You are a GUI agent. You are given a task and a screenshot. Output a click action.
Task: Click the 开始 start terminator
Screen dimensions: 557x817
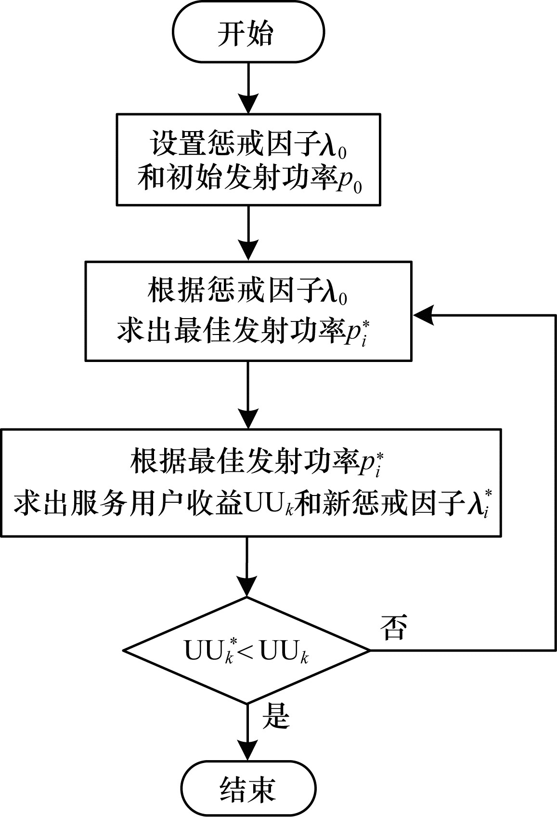point(248,32)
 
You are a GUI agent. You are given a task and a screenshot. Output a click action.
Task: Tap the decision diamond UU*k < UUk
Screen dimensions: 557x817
point(246,650)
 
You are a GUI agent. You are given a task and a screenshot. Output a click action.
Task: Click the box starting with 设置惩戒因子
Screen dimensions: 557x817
point(248,160)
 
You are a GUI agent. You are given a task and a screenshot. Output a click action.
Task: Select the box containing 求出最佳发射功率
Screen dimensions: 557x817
point(248,311)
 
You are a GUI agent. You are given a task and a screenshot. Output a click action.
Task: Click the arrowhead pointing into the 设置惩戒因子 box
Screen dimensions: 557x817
point(248,104)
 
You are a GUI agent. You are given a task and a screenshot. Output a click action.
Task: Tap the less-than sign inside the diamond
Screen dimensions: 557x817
point(246,653)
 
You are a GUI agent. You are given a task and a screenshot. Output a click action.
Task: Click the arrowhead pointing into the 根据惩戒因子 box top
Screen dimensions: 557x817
point(248,251)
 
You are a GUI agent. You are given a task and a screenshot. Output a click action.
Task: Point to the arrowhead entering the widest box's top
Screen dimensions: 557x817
point(248,419)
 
